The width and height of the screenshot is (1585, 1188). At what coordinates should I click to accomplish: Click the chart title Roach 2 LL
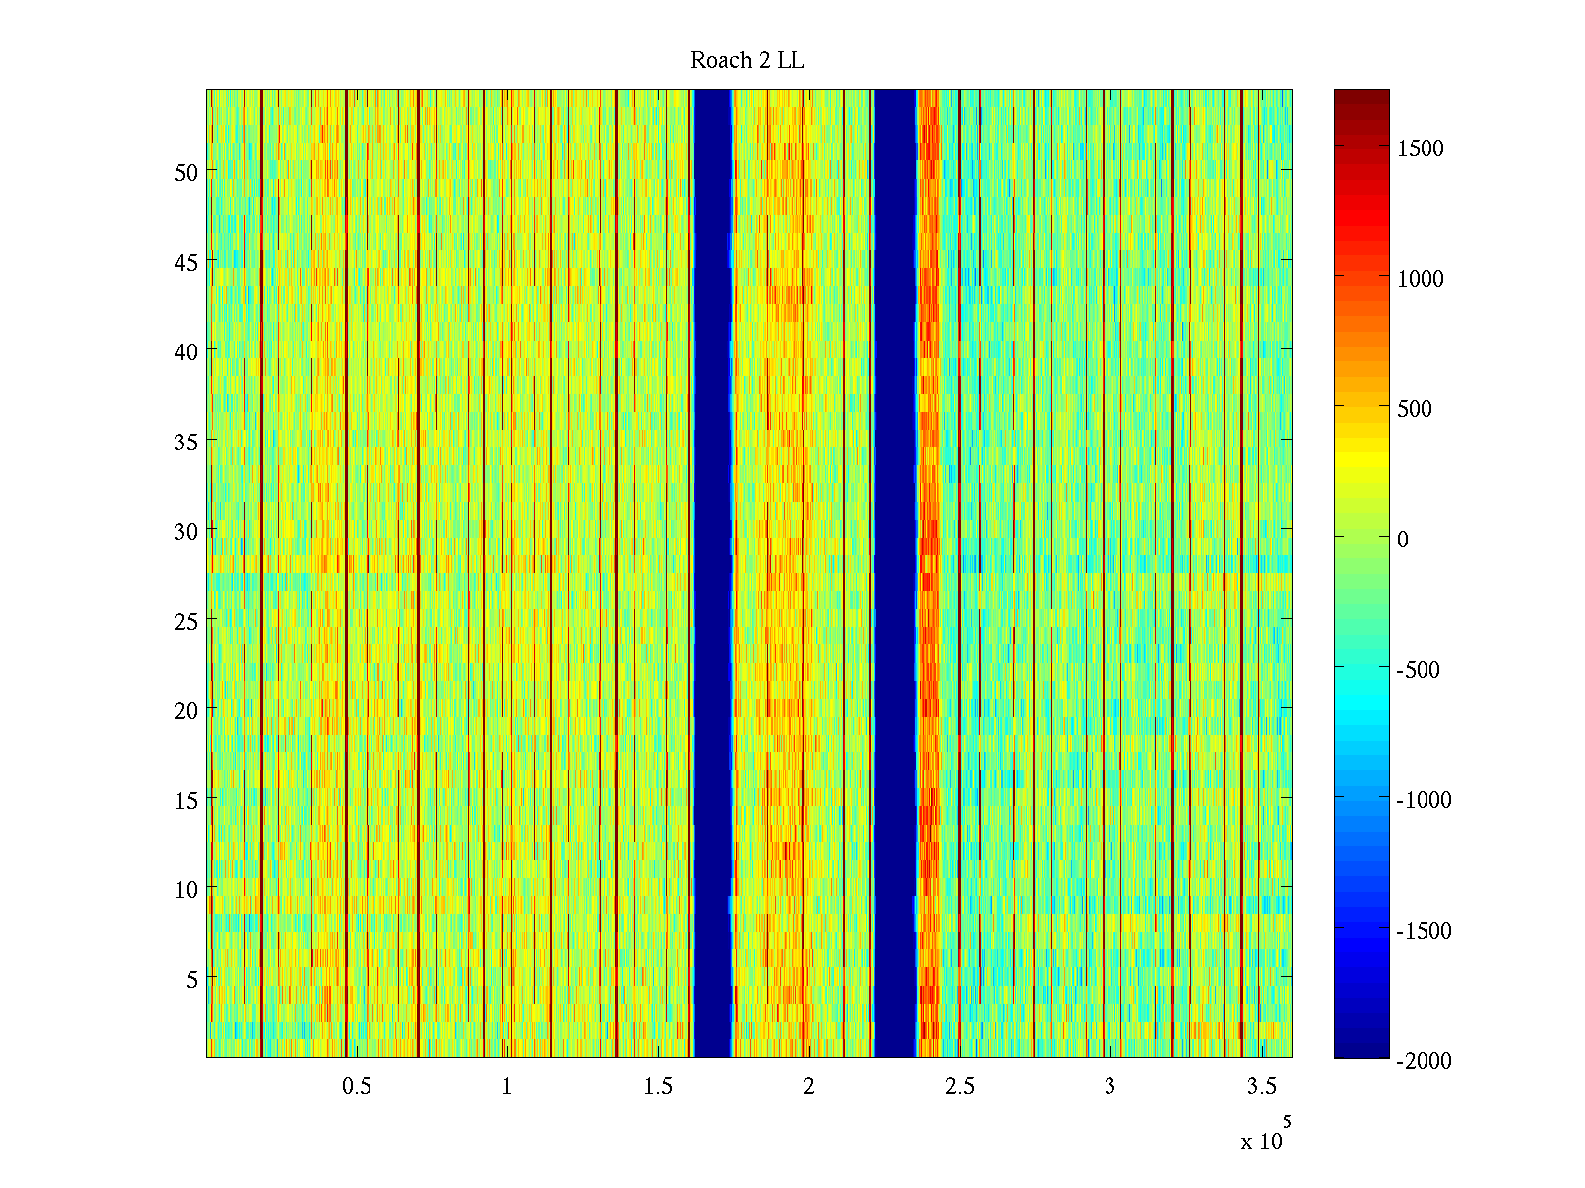pos(747,61)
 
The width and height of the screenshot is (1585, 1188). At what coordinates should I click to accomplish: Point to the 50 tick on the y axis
pos(186,172)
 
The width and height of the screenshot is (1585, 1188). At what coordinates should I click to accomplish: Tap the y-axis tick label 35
pos(186,442)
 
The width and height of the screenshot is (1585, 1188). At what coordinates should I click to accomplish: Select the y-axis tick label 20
pos(186,710)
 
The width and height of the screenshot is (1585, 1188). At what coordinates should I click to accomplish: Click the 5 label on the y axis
pos(192,979)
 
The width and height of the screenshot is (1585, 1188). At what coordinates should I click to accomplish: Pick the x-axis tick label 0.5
pos(357,1087)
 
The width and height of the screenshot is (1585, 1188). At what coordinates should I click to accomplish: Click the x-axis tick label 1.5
pos(658,1087)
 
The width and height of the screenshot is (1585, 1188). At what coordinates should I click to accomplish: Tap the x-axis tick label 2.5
pos(959,1087)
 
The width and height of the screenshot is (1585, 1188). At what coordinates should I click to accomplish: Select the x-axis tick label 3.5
pos(1261,1087)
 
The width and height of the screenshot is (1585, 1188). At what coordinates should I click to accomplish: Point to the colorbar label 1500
pos(1421,148)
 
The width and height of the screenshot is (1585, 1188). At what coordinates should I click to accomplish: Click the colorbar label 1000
pos(1421,279)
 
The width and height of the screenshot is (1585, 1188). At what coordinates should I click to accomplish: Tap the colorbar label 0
pos(1402,540)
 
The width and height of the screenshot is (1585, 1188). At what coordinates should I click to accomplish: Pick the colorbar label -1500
pos(1424,931)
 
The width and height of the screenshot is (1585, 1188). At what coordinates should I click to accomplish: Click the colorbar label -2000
pos(1424,1061)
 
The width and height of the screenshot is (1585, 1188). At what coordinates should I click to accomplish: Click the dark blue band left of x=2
pos(712,574)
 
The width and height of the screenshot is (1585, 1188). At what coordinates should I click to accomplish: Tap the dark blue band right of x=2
pos(895,574)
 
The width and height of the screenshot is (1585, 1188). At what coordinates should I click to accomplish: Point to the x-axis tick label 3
pos(1109,1087)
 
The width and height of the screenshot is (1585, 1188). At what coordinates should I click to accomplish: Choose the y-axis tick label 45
pos(186,262)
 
